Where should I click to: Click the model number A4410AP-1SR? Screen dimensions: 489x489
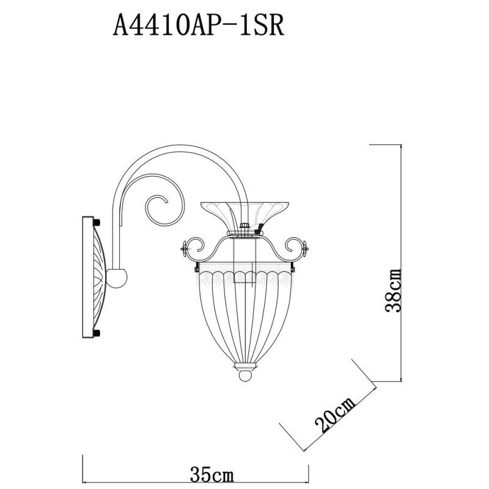199,26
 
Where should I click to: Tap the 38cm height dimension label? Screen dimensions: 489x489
395,290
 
